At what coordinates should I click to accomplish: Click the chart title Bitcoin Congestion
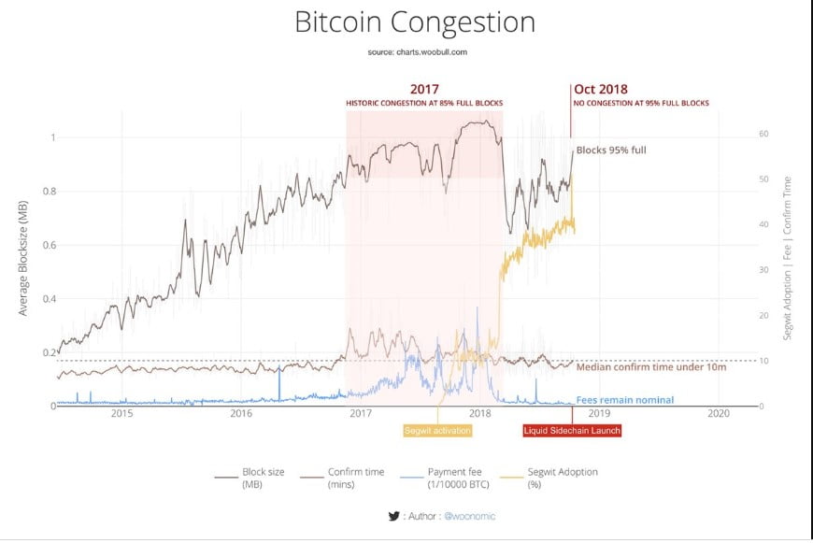coord(415,22)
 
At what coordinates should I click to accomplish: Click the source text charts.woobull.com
coord(418,52)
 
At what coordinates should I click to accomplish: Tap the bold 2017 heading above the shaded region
coord(424,90)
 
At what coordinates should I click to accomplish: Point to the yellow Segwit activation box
coord(437,431)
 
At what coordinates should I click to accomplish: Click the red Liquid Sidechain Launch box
coord(571,431)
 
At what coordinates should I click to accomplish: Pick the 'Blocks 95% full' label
coord(611,150)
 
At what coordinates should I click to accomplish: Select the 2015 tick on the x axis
coord(122,414)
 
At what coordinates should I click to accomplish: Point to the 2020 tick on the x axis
coord(719,414)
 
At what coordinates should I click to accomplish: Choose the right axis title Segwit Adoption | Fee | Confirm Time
coord(788,257)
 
